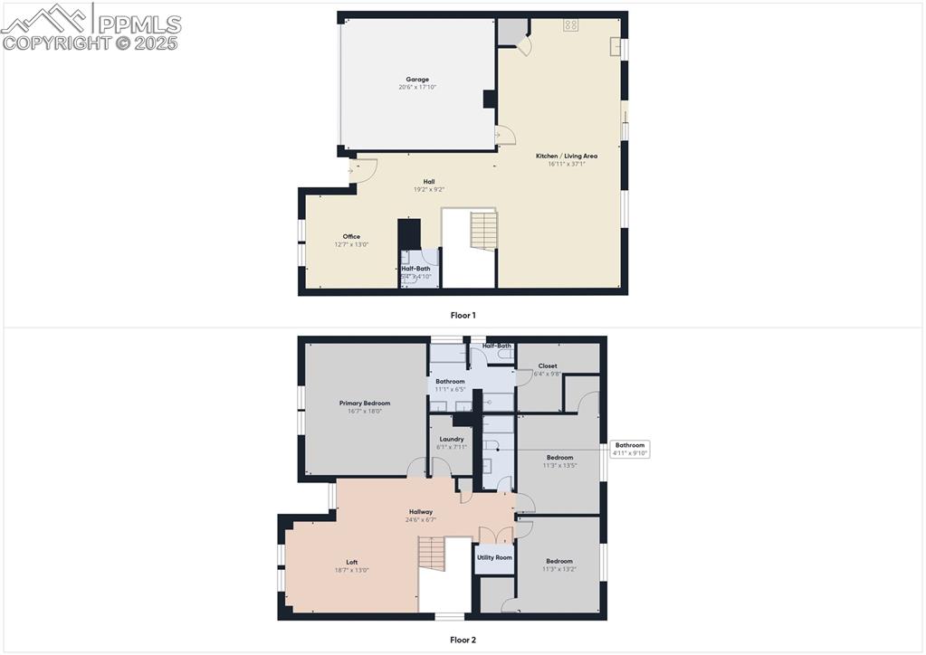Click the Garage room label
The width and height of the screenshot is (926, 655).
click(x=417, y=80)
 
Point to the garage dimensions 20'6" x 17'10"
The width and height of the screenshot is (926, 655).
click(x=417, y=88)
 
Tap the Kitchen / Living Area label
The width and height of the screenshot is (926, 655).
click(x=566, y=156)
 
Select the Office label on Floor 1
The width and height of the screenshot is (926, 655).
click(x=351, y=236)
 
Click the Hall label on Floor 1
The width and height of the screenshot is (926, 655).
click(x=429, y=182)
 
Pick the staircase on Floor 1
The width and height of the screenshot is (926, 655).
click(x=484, y=231)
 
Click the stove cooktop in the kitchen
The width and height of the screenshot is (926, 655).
click(x=571, y=25)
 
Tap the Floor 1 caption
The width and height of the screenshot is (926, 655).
click(x=463, y=316)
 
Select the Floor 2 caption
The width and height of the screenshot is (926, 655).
click(x=463, y=640)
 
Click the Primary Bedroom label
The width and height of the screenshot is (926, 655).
click(x=365, y=403)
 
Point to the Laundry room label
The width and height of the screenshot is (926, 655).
click(x=451, y=439)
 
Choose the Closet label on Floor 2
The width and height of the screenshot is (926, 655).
click(x=548, y=366)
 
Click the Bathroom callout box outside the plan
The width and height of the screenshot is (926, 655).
click(x=630, y=449)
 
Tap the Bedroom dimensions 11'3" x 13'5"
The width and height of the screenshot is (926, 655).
click(x=558, y=466)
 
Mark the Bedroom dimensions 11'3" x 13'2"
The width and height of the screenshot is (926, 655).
click(x=558, y=569)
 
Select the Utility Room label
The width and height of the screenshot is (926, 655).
click(x=494, y=557)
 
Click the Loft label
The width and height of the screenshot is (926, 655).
click(x=352, y=562)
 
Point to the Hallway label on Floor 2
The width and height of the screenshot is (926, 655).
click(x=421, y=511)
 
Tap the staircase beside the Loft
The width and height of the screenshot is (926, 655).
click(x=433, y=554)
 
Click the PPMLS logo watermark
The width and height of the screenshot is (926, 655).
click(x=91, y=27)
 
